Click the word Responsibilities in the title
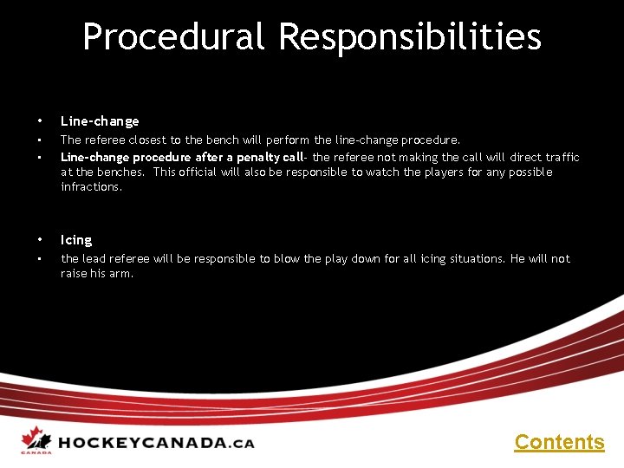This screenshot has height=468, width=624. (x=410, y=37)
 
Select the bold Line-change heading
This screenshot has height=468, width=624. (x=100, y=121)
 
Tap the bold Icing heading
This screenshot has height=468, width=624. (x=76, y=240)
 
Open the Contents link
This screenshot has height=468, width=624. (x=559, y=442)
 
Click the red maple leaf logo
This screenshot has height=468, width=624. (x=35, y=439)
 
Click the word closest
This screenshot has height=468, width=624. (x=153, y=140)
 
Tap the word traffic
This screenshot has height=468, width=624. (x=562, y=157)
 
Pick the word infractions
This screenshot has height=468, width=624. (x=91, y=186)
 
